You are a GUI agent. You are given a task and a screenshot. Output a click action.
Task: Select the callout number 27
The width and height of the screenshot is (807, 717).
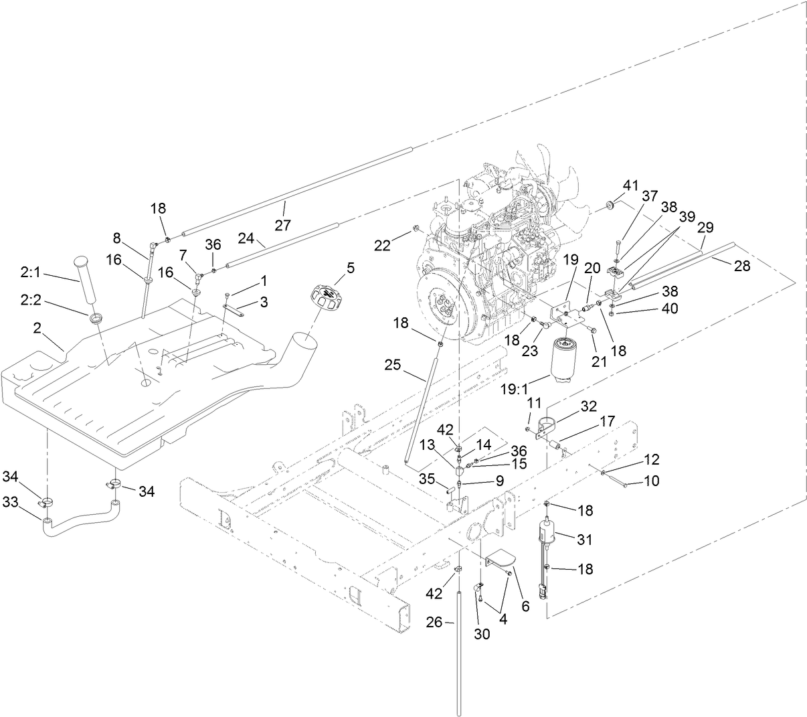click(283, 224)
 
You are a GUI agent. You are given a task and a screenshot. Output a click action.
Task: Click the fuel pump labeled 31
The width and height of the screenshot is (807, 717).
click(547, 536)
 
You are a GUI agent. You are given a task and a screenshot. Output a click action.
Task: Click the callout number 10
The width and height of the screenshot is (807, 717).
click(651, 481)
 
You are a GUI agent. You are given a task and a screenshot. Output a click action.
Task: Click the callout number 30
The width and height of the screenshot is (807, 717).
click(482, 634)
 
